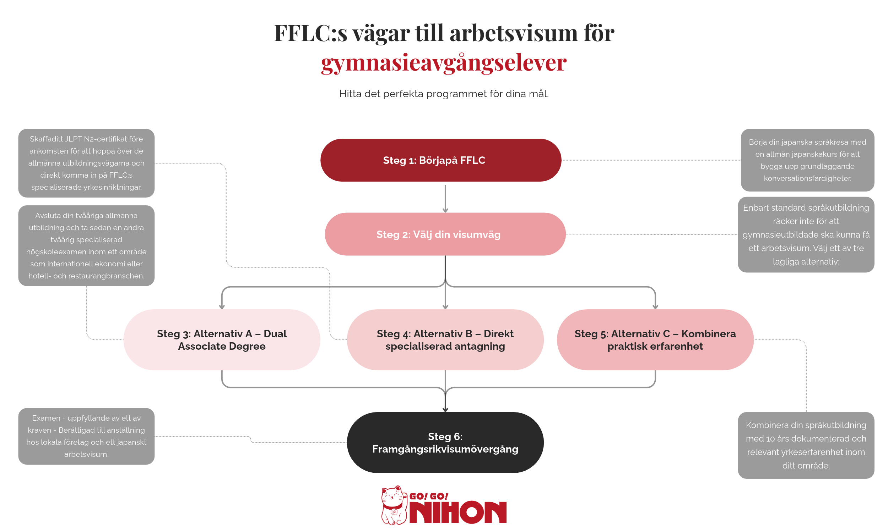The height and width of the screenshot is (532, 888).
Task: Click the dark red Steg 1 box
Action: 441,160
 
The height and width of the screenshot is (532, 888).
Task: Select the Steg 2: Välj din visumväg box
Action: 445,234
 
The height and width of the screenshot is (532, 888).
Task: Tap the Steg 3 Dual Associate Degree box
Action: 222,340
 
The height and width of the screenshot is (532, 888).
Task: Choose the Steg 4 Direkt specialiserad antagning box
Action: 445,340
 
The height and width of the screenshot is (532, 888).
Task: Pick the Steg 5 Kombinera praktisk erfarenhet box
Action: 655,340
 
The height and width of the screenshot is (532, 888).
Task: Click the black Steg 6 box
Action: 445,442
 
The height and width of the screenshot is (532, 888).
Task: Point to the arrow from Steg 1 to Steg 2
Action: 445,199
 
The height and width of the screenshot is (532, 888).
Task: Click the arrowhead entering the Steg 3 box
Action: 222,307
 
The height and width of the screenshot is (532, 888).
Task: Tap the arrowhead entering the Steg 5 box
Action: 655,307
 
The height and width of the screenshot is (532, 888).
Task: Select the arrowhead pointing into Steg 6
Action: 445,409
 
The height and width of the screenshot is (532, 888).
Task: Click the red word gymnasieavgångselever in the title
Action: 444,63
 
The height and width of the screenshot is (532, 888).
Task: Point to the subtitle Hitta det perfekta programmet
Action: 444,94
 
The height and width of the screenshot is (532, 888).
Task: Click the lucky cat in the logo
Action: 394,505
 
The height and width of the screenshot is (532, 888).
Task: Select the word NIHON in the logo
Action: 458,512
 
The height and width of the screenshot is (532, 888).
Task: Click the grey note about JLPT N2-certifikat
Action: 87,163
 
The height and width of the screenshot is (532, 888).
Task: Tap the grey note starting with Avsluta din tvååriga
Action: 87,245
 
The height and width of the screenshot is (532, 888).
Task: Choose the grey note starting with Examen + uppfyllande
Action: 87,436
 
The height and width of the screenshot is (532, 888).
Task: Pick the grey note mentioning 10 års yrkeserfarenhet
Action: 806,445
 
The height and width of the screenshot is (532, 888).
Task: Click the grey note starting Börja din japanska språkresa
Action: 807,160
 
